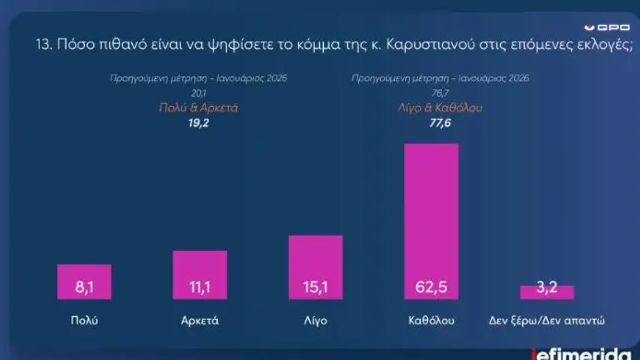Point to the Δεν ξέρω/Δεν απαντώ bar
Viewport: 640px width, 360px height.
(547, 292)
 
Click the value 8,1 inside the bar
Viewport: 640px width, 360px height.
(84, 289)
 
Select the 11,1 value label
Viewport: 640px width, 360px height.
(200, 289)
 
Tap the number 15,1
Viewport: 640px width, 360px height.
(315, 289)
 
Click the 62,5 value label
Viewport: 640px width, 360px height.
(431, 289)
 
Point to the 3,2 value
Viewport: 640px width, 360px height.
(547, 290)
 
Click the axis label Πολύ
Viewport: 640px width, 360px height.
(84, 321)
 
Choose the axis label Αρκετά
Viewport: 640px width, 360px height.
(200, 321)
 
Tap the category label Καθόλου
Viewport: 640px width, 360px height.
(431, 321)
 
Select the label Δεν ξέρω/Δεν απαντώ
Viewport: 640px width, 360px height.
(547, 321)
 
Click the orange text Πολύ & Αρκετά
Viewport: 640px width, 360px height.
(198, 108)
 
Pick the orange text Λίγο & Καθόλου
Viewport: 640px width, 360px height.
(440, 108)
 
